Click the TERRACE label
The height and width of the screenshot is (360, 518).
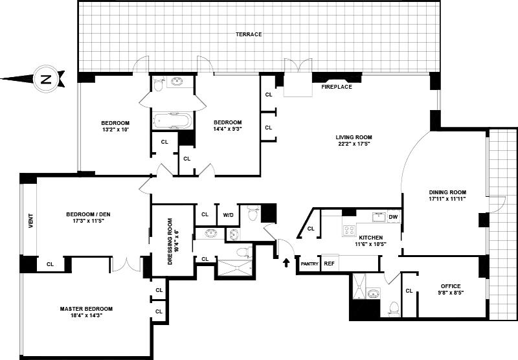pyautogui.click(x=249, y=34)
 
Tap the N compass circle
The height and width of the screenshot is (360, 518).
pyautogui.click(x=45, y=79)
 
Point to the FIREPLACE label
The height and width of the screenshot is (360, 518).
pyautogui.click(x=337, y=87)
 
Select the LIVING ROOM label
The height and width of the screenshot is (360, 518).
pyautogui.click(x=354, y=137)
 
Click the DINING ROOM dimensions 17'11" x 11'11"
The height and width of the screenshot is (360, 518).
pyautogui.click(x=447, y=199)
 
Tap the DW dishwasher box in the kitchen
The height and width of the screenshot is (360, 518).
pyautogui.click(x=393, y=217)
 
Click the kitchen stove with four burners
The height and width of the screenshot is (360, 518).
pyautogui.click(x=349, y=230)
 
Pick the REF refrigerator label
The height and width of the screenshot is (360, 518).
pyautogui.click(x=329, y=264)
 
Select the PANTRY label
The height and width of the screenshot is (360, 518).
pyautogui.click(x=310, y=264)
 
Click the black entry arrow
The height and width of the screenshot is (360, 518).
pyautogui.click(x=286, y=263)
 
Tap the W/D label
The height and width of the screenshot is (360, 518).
pyautogui.click(x=228, y=215)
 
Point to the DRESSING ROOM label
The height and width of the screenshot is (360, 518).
pyautogui.click(x=170, y=242)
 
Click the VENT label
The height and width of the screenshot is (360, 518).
pyautogui.click(x=30, y=221)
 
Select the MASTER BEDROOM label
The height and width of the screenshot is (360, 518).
pyautogui.click(x=86, y=309)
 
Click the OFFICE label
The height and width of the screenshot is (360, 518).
pyautogui.click(x=451, y=286)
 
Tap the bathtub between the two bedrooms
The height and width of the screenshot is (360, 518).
pyautogui.click(x=172, y=121)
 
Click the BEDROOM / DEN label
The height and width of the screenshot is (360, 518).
pyautogui.click(x=88, y=214)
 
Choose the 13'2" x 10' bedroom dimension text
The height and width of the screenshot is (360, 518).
pyautogui.click(x=115, y=129)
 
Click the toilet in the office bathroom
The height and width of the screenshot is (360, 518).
pyautogui.click(x=394, y=308)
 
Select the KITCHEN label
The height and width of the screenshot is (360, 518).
pyautogui.click(x=371, y=238)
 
